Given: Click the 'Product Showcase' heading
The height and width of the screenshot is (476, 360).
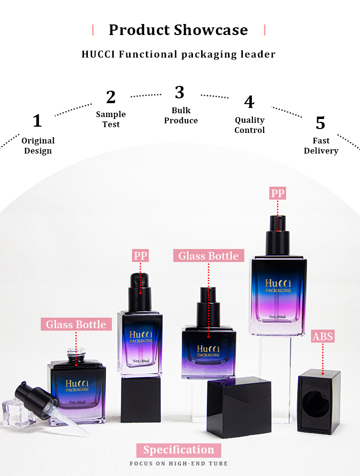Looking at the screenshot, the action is click(x=179, y=30).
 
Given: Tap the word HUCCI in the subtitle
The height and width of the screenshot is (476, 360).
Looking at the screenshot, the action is click(x=98, y=54).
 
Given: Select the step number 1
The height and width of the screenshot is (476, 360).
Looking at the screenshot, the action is click(x=37, y=121).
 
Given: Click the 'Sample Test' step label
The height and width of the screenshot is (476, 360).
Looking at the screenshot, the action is click(x=111, y=119).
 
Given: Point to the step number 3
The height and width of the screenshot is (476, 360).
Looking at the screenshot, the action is click(x=180, y=92).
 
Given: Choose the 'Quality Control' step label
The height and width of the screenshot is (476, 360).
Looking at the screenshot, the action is click(x=250, y=125).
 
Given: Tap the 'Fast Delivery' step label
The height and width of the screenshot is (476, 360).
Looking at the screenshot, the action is click(x=321, y=145).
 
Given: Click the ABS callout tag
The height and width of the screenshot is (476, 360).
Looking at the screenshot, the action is click(x=323, y=336).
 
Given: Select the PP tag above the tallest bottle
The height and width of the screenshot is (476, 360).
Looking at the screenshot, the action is click(x=277, y=193).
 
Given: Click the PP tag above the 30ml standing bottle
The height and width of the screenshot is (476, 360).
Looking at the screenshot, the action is click(x=140, y=256).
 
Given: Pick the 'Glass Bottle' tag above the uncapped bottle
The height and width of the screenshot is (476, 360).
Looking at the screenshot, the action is click(x=76, y=324).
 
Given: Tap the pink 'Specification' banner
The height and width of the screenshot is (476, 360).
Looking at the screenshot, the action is click(x=179, y=450).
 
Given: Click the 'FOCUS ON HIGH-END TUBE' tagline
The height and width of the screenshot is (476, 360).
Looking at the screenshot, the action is click(x=179, y=464).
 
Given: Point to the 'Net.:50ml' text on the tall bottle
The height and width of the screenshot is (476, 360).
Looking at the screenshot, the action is click(x=277, y=317).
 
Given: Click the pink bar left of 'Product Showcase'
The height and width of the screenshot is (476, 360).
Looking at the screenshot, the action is click(x=93, y=30).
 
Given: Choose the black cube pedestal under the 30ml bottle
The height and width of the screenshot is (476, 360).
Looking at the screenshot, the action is click(x=141, y=400).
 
